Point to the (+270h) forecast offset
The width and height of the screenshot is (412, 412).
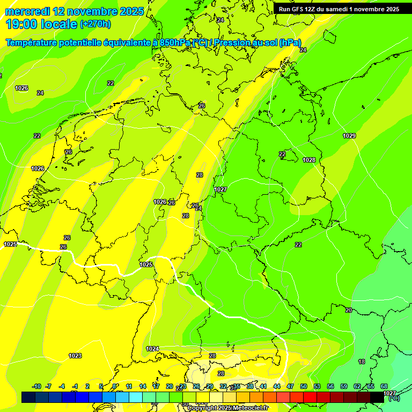pos(95,24)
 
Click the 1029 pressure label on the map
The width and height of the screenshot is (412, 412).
pos(349,136)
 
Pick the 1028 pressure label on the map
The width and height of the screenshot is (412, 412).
pos(309,160)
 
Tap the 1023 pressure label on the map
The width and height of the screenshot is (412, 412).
pos(75,356)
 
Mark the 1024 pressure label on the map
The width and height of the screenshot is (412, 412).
pos(152,349)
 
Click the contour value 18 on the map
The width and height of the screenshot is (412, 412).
pos(362,362)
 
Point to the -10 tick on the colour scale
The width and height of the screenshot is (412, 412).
pos(36,386)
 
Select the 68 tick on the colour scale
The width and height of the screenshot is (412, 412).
pos(384,386)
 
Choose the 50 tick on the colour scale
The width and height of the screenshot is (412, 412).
pos(304,386)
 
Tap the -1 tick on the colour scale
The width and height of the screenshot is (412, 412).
pos(75,386)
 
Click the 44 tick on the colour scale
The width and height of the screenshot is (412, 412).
pos(277,386)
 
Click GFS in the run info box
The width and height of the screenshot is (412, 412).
pos(299,9)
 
